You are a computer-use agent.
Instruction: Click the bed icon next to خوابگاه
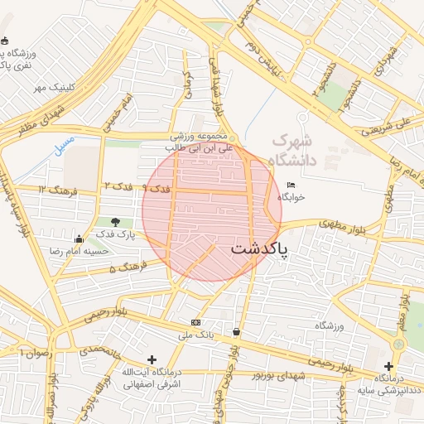pyautogui.click(x=290, y=185)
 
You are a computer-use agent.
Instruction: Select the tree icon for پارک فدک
pyautogui.click(x=114, y=222)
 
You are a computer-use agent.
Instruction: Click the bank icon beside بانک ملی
pyautogui.click(x=195, y=322)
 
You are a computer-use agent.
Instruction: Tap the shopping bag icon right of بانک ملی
pyautogui.click(x=237, y=332)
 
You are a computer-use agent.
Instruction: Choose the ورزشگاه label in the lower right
pyautogui.click(x=329, y=325)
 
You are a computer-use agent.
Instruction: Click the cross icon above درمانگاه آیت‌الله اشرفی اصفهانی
pyautogui.click(x=151, y=359)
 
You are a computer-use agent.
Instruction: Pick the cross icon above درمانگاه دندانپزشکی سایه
pyautogui.click(x=388, y=366)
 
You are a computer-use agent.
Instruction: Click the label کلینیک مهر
pyautogui.click(x=54, y=86)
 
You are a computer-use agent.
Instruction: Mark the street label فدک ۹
pyautogui.click(x=157, y=190)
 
